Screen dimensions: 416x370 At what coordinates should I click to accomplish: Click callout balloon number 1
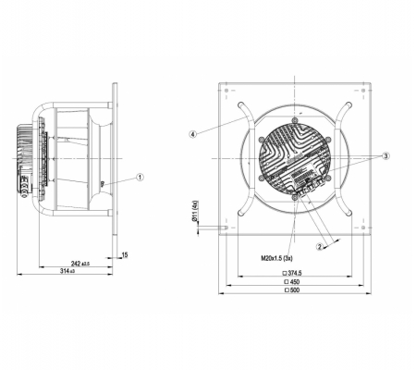tap(140, 178)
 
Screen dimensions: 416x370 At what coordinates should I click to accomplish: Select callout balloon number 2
tap(320, 247)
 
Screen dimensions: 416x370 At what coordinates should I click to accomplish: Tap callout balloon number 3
tap(385, 156)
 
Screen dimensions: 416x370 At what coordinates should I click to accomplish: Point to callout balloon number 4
tap(193, 134)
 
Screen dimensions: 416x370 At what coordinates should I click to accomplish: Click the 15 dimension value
tap(125, 255)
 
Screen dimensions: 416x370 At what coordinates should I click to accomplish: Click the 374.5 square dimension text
tap(292, 273)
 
